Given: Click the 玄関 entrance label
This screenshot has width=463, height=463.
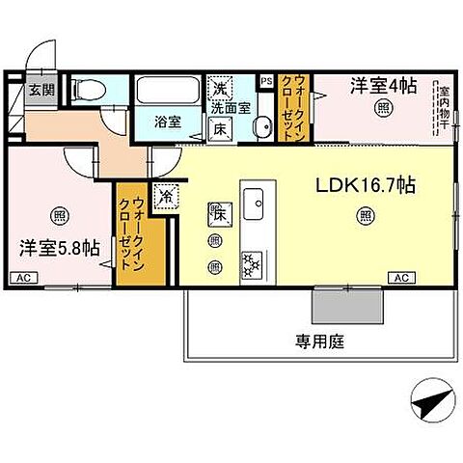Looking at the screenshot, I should [40, 91].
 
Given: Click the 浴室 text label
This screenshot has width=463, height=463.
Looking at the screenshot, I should [169, 122].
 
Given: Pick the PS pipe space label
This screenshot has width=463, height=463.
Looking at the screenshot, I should [266, 81].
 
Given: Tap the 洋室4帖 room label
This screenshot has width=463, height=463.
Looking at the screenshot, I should [383, 85].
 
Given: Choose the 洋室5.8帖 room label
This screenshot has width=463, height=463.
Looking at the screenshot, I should [59, 247].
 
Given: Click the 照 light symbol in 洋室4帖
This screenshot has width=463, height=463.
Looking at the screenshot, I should [384, 109].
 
